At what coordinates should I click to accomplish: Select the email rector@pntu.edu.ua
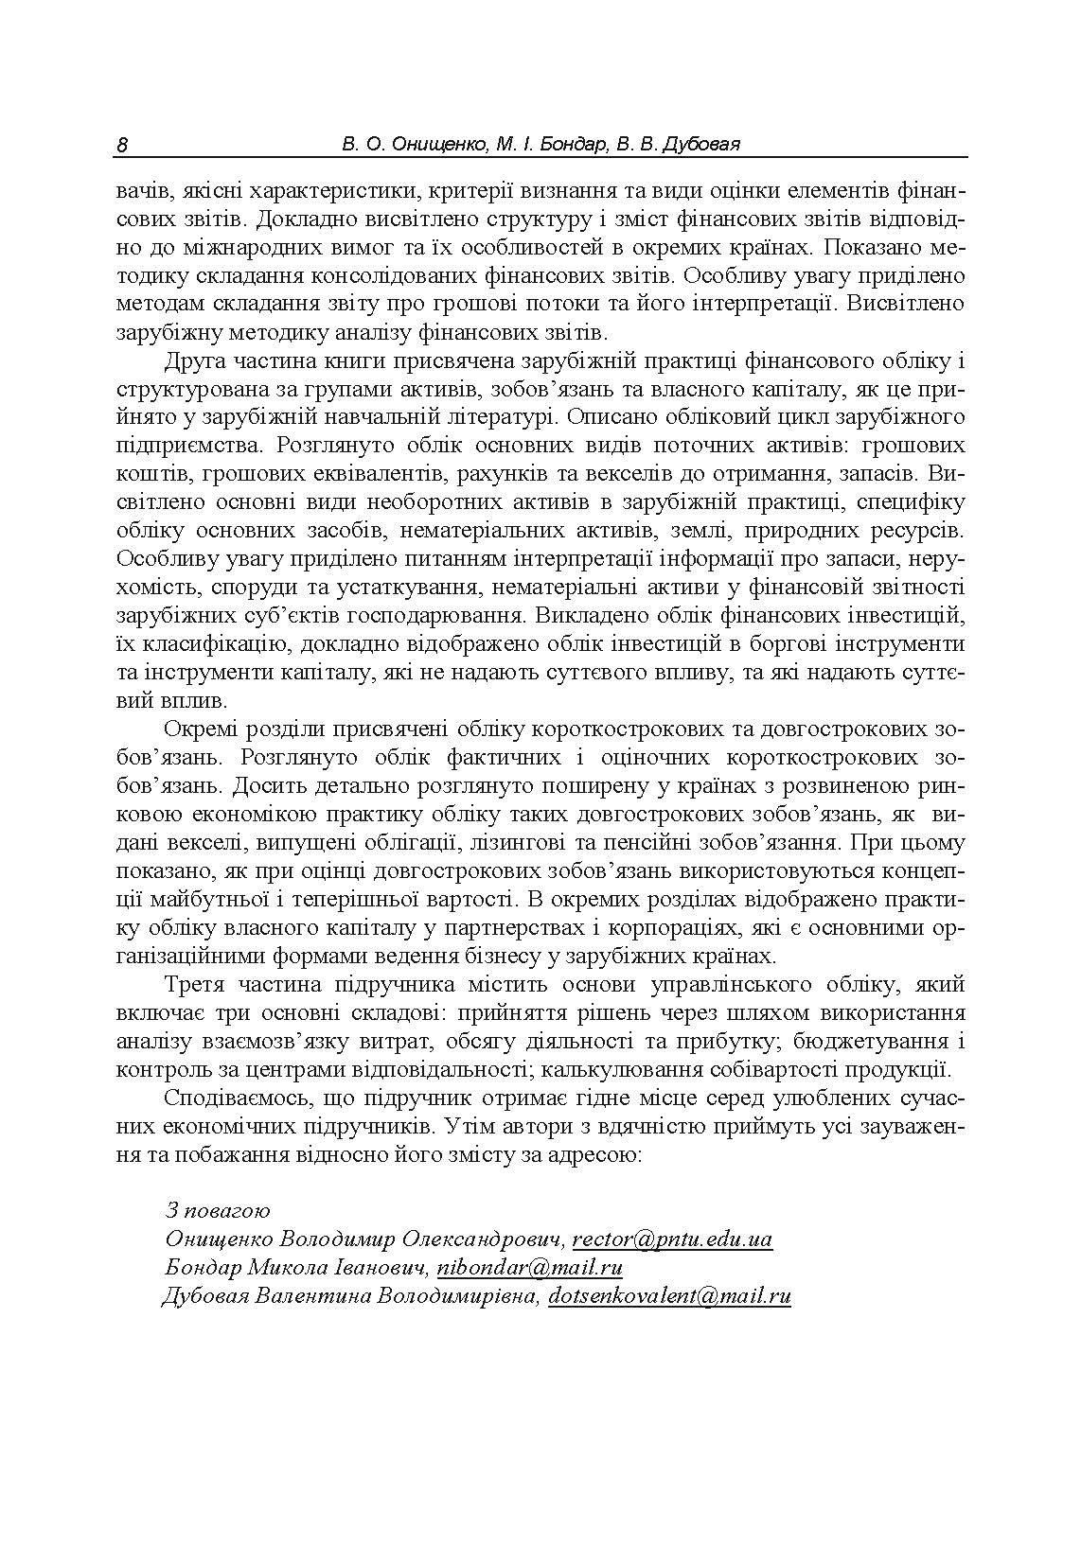pyautogui.click(x=672, y=1239)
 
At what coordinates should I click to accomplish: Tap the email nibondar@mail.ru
pyautogui.click(x=530, y=1267)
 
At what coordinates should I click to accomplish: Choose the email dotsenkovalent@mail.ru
pyautogui.click(x=669, y=1295)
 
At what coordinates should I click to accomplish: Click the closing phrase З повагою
pyautogui.click(x=218, y=1210)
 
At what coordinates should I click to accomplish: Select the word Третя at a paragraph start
pyautogui.click(x=195, y=985)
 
